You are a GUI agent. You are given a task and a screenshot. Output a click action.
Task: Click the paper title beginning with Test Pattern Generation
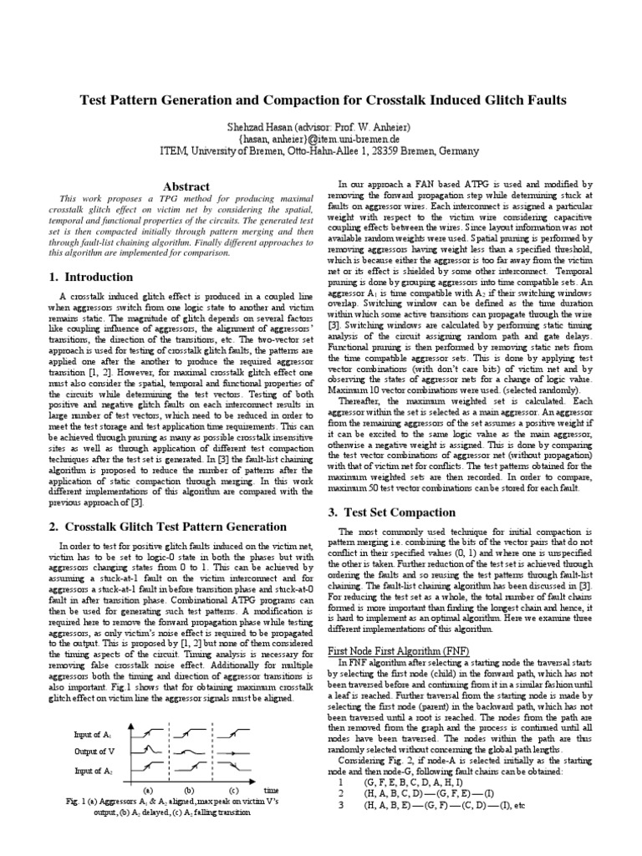[322, 100]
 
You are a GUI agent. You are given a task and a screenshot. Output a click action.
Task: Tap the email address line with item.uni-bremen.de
[320, 138]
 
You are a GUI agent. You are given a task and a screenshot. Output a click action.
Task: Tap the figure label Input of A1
[94, 735]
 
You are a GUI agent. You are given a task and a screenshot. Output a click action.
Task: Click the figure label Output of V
[94, 752]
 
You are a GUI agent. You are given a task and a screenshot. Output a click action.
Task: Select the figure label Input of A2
[94, 771]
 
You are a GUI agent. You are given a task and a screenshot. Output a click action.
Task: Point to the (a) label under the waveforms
[148, 788]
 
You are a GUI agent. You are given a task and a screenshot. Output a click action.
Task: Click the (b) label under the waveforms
[190, 788]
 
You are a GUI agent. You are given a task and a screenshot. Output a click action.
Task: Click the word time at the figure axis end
[271, 789]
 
